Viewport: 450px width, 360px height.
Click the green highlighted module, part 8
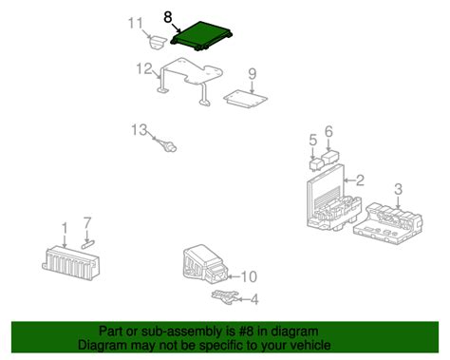coord(200,36)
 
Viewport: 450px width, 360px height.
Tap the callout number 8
coord(168,16)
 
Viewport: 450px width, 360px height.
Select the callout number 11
coord(136,22)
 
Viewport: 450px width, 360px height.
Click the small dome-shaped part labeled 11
coord(156,43)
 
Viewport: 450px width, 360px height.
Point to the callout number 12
coord(143,69)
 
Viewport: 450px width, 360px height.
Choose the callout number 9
coord(252,74)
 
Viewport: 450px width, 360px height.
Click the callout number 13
coord(139,129)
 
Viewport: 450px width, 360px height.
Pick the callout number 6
coord(328,131)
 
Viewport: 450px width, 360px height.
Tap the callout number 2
coord(360,180)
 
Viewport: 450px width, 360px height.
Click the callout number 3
coord(398,188)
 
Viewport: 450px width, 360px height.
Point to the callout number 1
coord(64,228)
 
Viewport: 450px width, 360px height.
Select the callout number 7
coord(86,223)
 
